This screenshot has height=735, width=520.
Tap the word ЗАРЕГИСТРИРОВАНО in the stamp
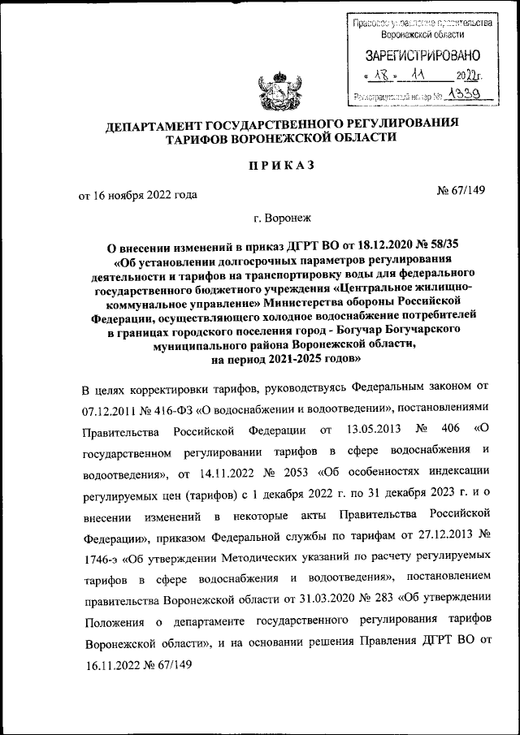[x=423, y=56]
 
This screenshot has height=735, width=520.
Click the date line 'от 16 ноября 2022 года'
[x=137, y=195]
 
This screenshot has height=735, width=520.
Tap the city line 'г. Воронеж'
[x=281, y=217]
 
